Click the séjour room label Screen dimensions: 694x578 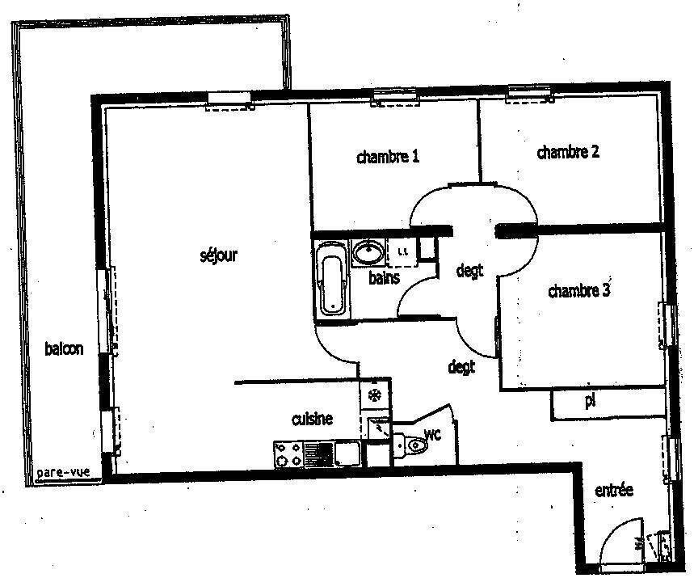tap(219, 256)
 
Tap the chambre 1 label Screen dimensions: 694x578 tap(388, 156)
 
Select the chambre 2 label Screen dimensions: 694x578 tap(568, 152)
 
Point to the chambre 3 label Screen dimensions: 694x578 tap(579, 290)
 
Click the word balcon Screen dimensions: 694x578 tap(64, 348)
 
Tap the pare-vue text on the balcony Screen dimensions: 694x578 tap(63, 472)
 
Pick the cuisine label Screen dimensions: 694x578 tap(312, 419)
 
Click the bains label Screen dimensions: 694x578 tap(385, 278)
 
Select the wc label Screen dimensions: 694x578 tap(432, 434)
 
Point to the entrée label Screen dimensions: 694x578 tap(614, 491)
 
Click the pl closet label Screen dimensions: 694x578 tap(590, 401)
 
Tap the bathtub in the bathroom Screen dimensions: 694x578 tap(331, 278)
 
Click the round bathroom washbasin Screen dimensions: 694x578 tap(369, 253)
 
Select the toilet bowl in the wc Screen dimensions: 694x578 tap(410, 445)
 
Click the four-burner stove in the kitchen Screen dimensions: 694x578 tap(288, 454)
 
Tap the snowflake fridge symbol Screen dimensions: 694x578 tap(375, 394)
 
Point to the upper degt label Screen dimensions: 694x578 tap(469, 270)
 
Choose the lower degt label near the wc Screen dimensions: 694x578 tap(461, 366)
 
